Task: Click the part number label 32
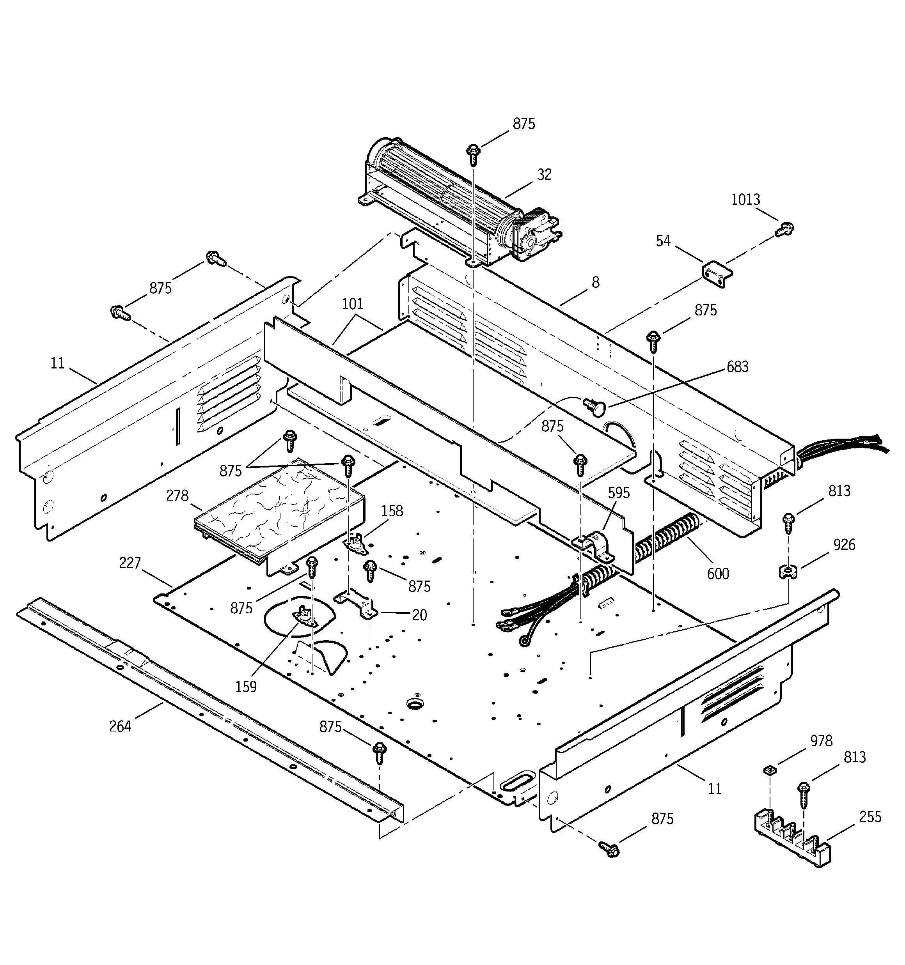545,175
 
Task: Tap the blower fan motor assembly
457,204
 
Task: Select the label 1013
746,200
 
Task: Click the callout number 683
737,367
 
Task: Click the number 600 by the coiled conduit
718,574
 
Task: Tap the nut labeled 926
788,572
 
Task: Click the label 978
821,741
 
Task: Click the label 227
130,563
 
